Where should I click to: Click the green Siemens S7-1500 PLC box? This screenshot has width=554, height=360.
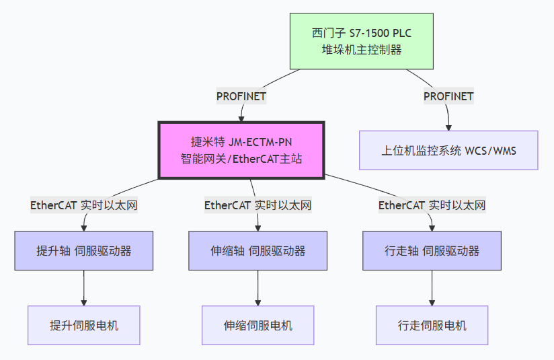point(361,41)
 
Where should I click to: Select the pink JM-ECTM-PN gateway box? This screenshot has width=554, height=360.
point(241,150)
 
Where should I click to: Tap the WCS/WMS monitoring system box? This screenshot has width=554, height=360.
point(448,150)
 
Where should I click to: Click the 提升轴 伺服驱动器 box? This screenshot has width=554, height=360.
point(84,251)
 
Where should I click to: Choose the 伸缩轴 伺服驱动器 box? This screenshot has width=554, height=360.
point(258,251)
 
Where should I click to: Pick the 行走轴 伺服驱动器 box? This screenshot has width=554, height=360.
point(432,251)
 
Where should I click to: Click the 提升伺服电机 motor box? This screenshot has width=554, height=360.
point(84,326)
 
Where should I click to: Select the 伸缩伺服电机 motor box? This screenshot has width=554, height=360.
point(258,326)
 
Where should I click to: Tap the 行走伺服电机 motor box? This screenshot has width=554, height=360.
point(432,326)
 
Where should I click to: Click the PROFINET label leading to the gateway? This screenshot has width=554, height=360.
point(241,96)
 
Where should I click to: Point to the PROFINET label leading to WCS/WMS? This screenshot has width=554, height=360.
point(448,96)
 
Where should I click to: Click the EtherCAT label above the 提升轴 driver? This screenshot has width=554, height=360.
point(84,205)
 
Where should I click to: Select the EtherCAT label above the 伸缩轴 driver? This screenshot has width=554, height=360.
point(258,205)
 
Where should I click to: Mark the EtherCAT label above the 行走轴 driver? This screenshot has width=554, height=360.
point(432,205)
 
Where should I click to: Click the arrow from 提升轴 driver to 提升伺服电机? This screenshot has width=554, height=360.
point(84,288)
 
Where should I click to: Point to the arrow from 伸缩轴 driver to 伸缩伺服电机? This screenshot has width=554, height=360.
point(258,288)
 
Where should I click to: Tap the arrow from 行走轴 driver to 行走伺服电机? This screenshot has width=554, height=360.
point(432,288)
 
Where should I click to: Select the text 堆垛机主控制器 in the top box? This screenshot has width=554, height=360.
point(361,49)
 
